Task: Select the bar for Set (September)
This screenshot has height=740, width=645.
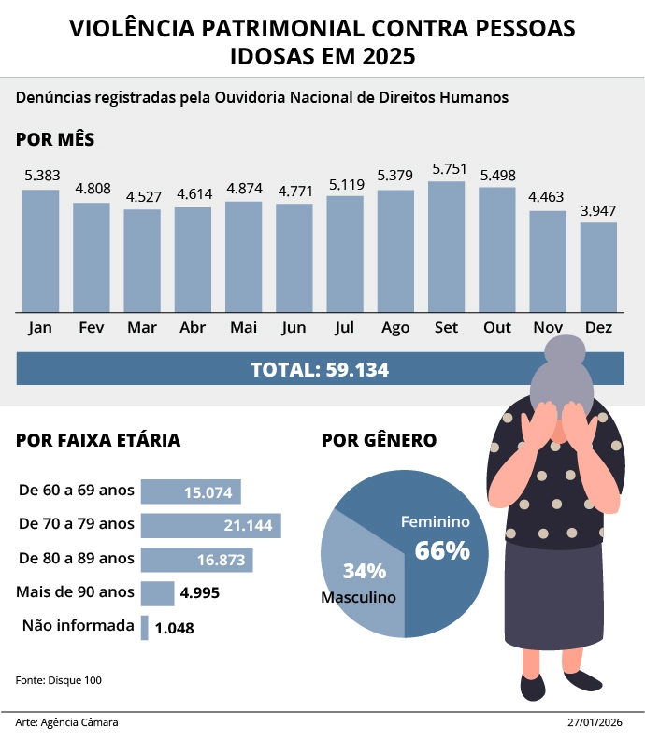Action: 446,247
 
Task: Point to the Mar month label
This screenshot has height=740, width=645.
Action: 141,328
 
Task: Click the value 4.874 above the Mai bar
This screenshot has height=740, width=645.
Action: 244,188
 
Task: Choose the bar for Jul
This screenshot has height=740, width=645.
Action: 345,253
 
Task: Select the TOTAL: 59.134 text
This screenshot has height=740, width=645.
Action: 320,369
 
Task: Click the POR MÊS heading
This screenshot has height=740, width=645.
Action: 55,140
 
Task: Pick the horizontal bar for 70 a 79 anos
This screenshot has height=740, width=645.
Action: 210,525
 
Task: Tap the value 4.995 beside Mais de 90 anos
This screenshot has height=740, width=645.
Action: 200,592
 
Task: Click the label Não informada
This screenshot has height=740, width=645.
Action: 78,625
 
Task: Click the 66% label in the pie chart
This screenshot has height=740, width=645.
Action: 442,550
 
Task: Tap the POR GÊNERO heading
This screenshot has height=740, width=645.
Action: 379,440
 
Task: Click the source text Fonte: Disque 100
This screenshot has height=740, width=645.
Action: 59,679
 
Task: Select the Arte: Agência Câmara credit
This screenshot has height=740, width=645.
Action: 67,722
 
